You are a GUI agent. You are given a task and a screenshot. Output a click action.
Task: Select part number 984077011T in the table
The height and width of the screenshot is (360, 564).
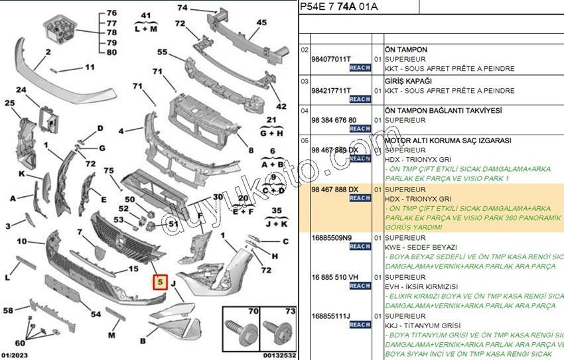332,59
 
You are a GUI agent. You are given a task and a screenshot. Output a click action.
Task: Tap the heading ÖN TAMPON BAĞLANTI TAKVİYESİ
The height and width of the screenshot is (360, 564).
443,110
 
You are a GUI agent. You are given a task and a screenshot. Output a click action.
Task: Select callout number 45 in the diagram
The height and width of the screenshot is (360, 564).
261,23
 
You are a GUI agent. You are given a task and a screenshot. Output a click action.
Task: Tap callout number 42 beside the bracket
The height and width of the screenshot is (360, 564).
281,106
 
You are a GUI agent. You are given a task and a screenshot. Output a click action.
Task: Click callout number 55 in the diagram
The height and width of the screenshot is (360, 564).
162,52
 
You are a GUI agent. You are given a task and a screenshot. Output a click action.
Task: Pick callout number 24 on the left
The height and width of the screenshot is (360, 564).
21,90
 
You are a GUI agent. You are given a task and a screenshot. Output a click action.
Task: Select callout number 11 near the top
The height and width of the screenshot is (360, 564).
90,67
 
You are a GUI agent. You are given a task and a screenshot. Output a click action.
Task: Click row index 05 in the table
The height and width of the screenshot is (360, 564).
305,141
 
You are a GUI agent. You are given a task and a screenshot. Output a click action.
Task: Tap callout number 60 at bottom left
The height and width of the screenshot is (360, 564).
19,343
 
